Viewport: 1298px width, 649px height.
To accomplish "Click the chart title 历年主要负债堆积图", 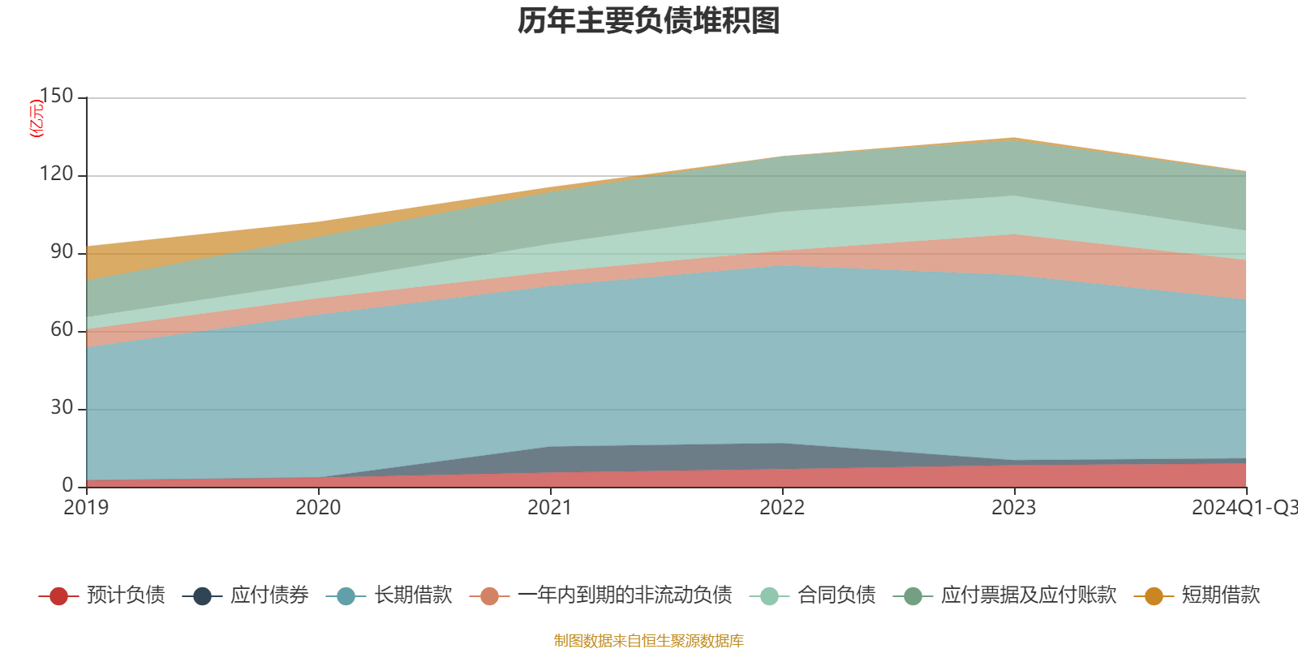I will pos(649,21).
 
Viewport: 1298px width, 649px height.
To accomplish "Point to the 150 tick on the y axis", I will pos(56,97).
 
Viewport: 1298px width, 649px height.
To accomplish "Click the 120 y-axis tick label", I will pos(56,174).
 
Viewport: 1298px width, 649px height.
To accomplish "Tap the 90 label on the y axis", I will pos(62,252).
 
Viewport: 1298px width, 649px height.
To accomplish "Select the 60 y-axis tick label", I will pos(62,330).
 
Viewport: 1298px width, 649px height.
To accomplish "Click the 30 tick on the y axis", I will pos(62,408).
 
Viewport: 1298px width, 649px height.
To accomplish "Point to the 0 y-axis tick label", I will pos(68,485).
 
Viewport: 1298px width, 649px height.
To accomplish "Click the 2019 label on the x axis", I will pos(86,508).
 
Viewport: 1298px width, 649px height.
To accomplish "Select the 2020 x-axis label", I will pos(318,508).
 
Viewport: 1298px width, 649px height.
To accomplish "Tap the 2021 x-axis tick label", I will pos(550,508).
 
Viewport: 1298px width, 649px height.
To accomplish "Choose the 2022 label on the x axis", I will pos(782,508).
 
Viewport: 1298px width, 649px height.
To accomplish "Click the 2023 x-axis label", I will pos(1014,508).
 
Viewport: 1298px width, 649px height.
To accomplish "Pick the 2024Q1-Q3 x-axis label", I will pos(1243,508).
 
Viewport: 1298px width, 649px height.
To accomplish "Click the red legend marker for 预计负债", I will pos(58,596).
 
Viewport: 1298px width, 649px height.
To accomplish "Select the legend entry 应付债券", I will pos(269,595).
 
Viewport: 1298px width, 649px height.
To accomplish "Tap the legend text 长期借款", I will pos(413,595).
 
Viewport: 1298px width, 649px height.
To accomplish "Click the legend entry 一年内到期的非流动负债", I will pos(624,595).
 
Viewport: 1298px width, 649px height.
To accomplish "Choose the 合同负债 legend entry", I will pos(836,595).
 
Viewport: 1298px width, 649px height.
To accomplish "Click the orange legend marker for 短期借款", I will pos(1154,596).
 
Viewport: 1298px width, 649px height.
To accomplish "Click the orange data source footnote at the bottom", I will pos(648,641).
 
